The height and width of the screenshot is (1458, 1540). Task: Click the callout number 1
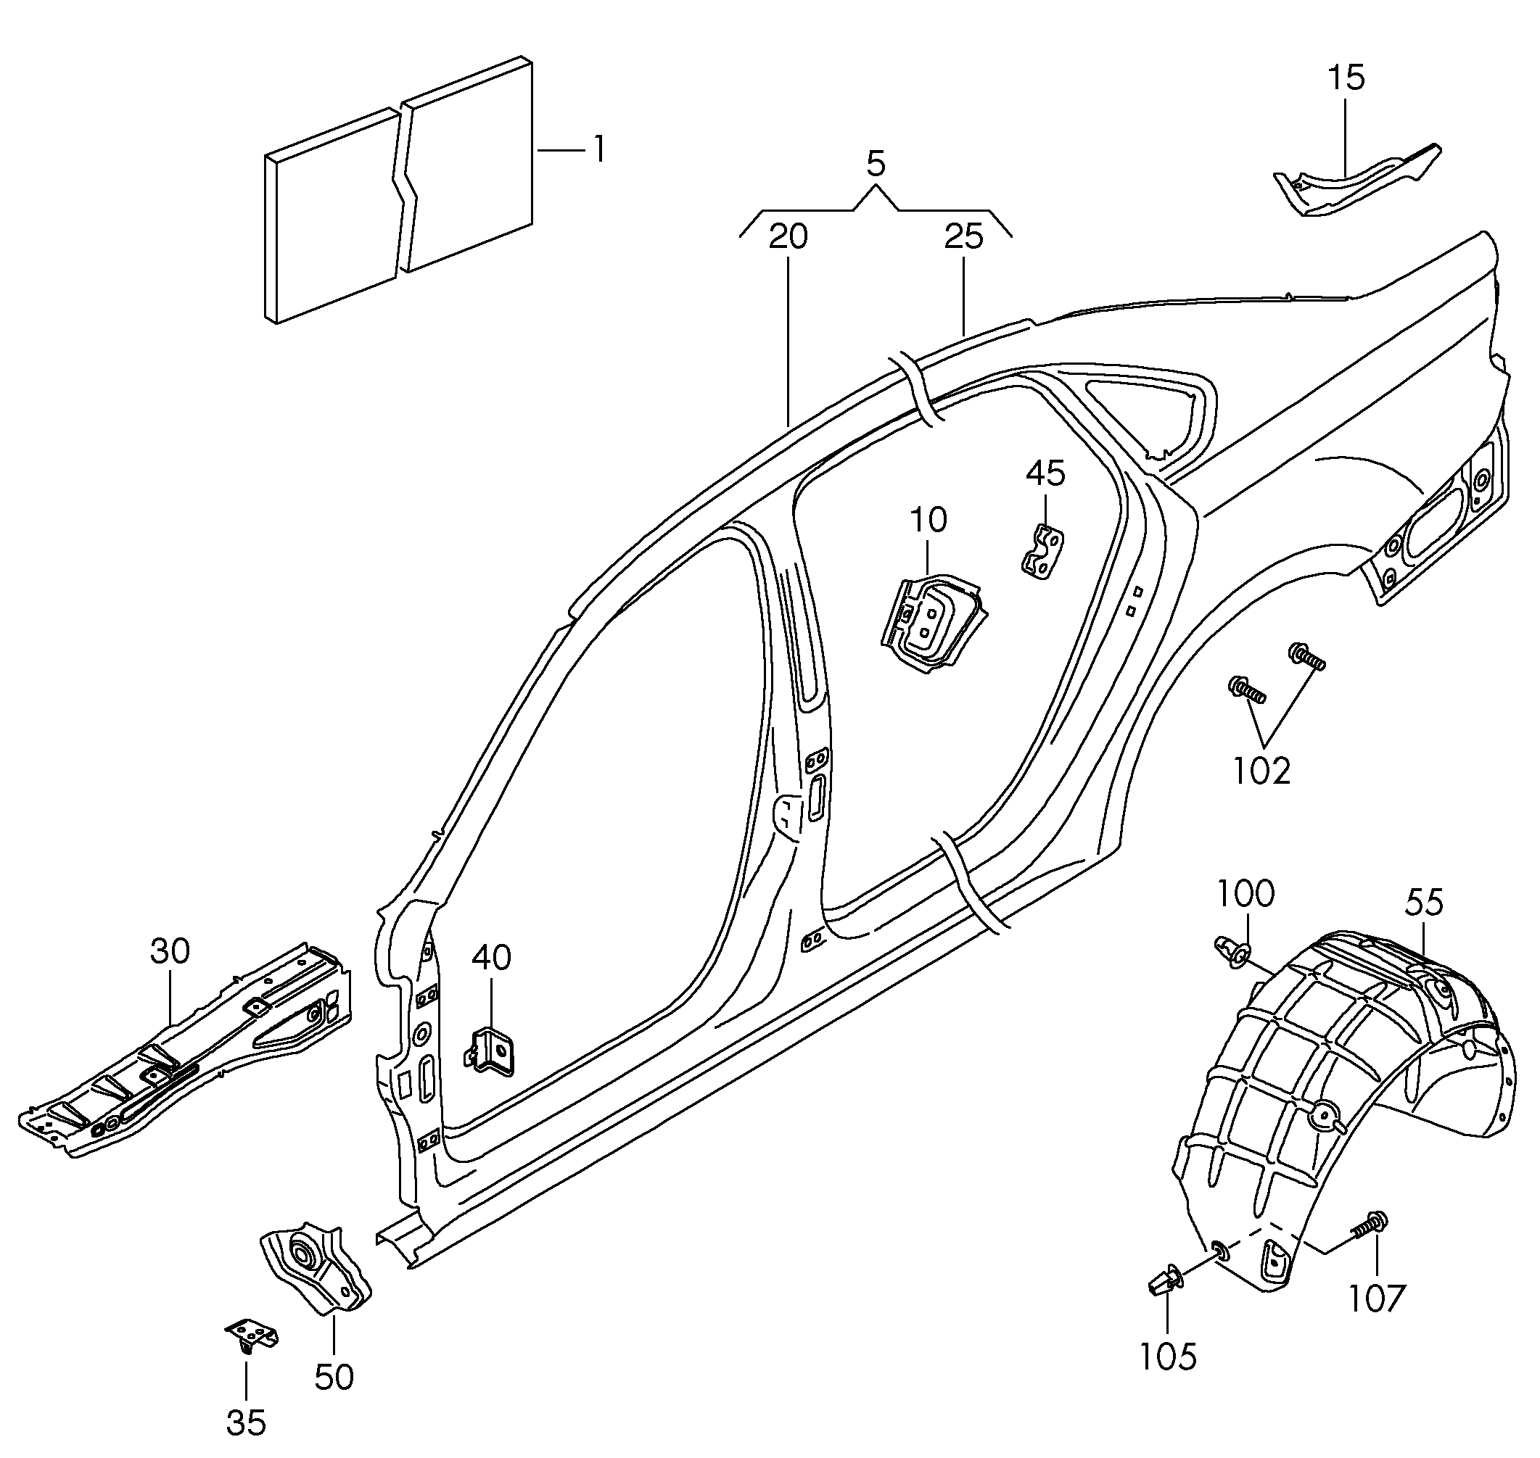coord(598,149)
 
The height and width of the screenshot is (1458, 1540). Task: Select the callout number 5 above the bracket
coord(876,165)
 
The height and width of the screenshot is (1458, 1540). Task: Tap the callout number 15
coord(1346,78)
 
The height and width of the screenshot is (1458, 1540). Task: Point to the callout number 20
coord(788,237)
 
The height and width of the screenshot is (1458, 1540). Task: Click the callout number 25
coord(964,237)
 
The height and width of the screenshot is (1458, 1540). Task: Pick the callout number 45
coord(1045,473)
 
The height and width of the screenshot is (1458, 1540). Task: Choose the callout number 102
coord(1261,771)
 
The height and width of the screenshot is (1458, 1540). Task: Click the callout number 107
coord(1377,1298)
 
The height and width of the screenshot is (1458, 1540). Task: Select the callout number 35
coord(247,1423)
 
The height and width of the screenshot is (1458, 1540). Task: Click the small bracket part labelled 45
coord(1042,552)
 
